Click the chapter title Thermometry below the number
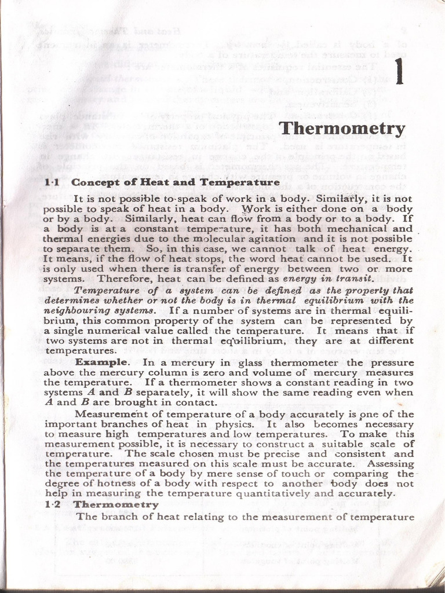click(342, 129)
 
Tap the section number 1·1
click(53, 182)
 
